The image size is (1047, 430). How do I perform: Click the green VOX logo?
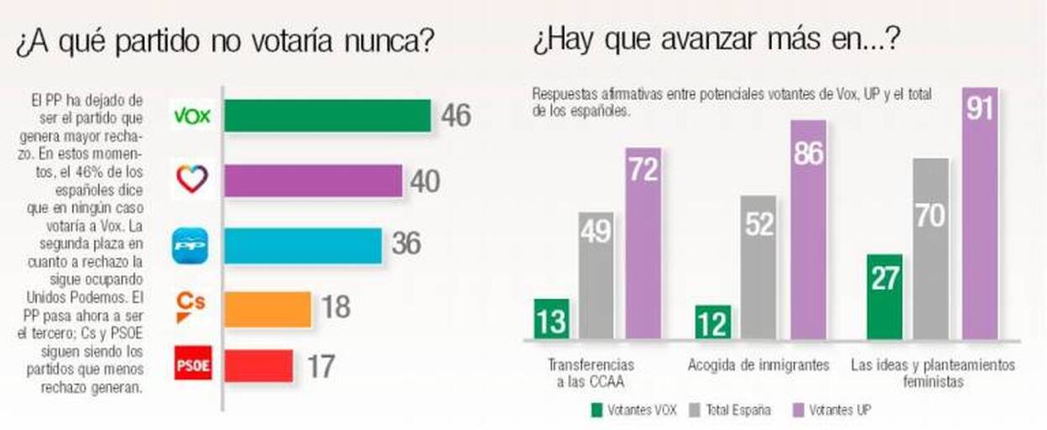pos(192,115)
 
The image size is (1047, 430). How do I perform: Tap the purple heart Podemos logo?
pos(192,180)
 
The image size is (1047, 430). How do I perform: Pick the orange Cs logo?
pos(190,307)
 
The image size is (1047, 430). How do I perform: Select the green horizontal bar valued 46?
pos(327,115)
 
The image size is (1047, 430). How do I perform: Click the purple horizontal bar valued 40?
pos(313,180)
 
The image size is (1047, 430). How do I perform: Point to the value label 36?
pos(406,244)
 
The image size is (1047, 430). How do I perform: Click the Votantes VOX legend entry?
pos(635,411)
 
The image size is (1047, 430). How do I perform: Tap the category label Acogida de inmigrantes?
pos(759,365)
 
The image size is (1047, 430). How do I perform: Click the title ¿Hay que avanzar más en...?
pos(716,39)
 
